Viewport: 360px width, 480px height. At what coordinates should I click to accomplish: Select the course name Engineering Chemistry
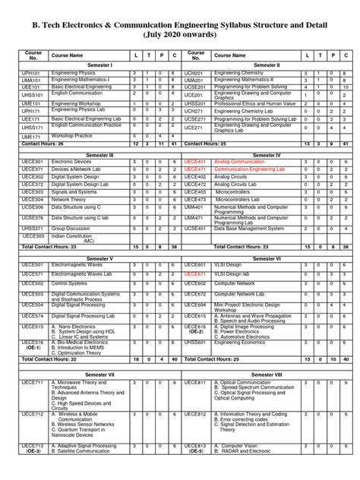[242, 72]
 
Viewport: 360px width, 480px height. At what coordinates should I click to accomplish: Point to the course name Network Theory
[70, 199]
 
